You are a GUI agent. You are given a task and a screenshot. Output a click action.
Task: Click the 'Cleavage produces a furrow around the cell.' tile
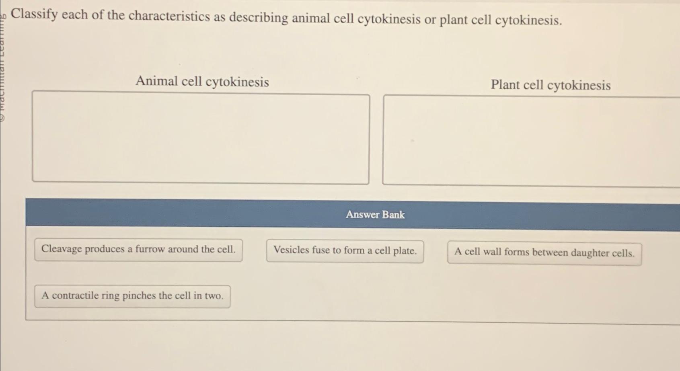pyautogui.click(x=138, y=250)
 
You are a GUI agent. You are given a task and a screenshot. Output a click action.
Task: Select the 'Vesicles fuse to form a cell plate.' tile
pyautogui.click(x=345, y=251)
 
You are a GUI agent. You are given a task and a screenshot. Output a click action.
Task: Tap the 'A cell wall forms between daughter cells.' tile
pyautogui.click(x=544, y=253)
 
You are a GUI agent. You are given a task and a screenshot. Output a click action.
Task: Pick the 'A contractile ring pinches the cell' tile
pyautogui.click(x=132, y=296)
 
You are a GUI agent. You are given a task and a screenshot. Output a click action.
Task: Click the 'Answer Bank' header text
pyautogui.click(x=375, y=215)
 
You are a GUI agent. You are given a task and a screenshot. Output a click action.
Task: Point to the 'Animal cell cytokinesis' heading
pyautogui.click(x=202, y=82)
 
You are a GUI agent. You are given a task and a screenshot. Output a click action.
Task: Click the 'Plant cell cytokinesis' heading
pyautogui.click(x=551, y=85)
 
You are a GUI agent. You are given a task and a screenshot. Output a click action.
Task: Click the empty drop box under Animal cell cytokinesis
pyautogui.click(x=201, y=138)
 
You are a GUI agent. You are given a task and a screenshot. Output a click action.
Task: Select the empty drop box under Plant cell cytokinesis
pyautogui.click(x=531, y=141)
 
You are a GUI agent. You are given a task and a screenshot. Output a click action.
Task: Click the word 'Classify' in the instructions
pyautogui.click(x=34, y=14)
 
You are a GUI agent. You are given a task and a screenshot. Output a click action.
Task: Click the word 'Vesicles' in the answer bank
pyautogui.click(x=291, y=250)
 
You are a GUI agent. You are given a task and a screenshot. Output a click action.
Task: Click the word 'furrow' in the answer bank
pyautogui.click(x=150, y=249)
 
